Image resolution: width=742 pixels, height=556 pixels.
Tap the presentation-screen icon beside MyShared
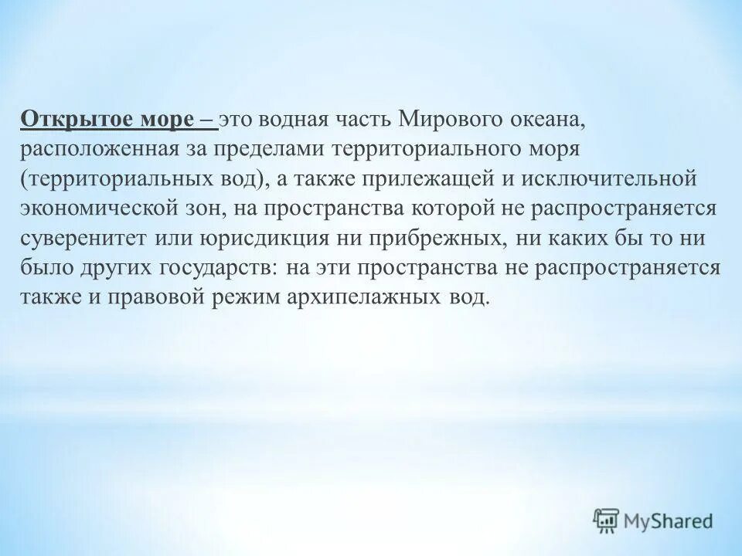(607, 521)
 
